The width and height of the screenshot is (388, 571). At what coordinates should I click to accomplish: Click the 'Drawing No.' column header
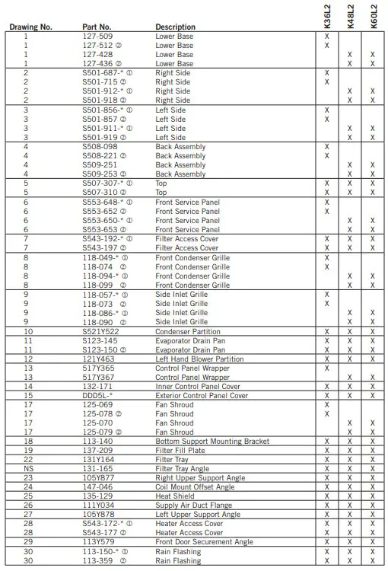(x=30, y=27)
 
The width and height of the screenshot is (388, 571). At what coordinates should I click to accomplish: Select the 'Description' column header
(x=175, y=27)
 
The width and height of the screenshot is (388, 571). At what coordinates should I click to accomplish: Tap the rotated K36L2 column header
(x=326, y=14)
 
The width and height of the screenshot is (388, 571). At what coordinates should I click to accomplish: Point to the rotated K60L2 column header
(x=373, y=14)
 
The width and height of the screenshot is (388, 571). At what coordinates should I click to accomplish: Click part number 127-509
(x=97, y=37)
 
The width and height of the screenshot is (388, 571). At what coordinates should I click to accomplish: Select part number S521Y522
(x=100, y=331)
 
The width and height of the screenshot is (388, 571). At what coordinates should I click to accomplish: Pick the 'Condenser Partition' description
(x=189, y=331)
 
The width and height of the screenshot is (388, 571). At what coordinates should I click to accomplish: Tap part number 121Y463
(x=99, y=359)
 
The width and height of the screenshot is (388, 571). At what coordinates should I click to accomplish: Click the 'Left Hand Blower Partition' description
(x=199, y=359)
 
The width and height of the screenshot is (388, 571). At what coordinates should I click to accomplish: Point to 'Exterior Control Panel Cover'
(x=202, y=395)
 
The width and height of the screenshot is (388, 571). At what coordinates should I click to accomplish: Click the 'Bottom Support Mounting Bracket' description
(x=212, y=441)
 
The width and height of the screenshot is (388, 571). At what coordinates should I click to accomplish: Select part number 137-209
(x=97, y=450)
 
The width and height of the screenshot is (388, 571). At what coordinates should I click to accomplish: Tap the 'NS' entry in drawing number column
(x=27, y=468)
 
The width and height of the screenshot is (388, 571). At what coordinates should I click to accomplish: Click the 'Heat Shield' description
(x=175, y=496)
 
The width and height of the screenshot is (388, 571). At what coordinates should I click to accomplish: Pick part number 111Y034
(x=98, y=505)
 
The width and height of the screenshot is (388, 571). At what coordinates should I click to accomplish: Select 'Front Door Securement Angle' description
(x=204, y=542)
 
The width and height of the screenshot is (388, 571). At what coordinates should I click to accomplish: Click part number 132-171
(x=97, y=386)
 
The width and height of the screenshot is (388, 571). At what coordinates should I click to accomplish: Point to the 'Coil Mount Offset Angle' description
(x=195, y=486)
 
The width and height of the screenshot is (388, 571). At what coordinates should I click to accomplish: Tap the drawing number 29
(x=27, y=542)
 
